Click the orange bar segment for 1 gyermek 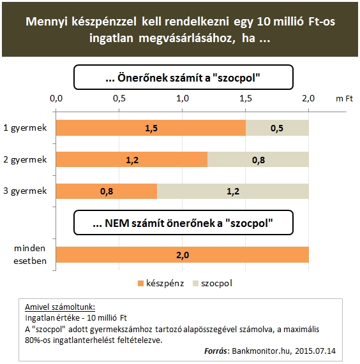click(x=151, y=128)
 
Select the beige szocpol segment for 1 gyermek click(x=277, y=128)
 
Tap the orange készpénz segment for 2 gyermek click(x=131, y=159)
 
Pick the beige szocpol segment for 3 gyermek click(x=233, y=191)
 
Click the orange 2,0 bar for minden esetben click(x=183, y=254)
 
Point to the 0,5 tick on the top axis click(x=119, y=98)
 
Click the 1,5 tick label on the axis click(x=246, y=98)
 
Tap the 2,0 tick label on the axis click(x=308, y=98)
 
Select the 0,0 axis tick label click(x=56, y=98)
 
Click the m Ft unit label click(x=344, y=99)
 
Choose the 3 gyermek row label click(x=25, y=191)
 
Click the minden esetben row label click(x=30, y=254)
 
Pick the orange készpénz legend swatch click(x=140, y=284)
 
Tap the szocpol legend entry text click(x=216, y=284)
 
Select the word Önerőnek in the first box click(x=142, y=78)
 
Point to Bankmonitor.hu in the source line click(x=261, y=351)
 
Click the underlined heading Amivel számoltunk click(x=60, y=307)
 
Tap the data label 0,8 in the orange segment click(x=107, y=191)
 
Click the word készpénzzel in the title click(x=104, y=22)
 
